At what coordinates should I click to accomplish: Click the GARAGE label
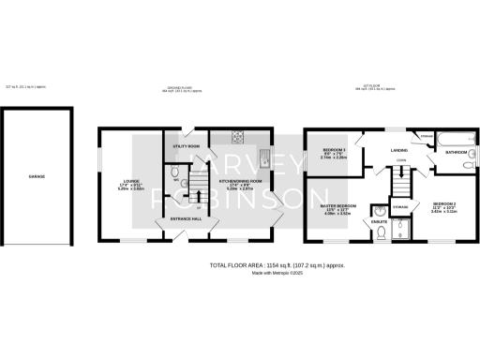click(36, 176)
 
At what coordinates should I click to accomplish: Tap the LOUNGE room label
click(130, 183)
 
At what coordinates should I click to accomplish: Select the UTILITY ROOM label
click(187, 147)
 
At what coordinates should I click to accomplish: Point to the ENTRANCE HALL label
click(186, 218)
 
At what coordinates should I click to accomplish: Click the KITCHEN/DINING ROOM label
click(241, 181)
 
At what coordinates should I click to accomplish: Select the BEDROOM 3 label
click(335, 150)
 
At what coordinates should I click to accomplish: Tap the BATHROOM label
click(457, 152)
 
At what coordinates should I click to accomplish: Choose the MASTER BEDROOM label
click(337, 206)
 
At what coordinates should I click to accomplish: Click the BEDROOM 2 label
click(444, 203)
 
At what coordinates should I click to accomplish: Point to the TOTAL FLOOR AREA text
click(277, 265)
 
